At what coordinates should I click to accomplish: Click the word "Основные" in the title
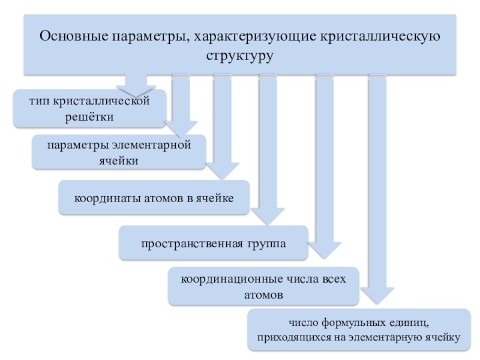pyautogui.click(x=74, y=36)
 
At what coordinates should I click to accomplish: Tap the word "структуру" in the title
pyautogui.click(x=239, y=56)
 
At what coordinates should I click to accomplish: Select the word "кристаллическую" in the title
pyautogui.click(x=380, y=37)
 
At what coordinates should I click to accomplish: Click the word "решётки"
pyautogui.click(x=89, y=116)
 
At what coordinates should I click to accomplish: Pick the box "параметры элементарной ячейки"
pyautogui.click(x=119, y=152)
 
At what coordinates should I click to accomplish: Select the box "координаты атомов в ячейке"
pyautogui.click(x=154, y=197)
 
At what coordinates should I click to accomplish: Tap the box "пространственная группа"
pyautogui.click(x=214, y=243)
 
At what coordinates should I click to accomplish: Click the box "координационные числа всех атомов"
pyautogui.click(x=263, y=286)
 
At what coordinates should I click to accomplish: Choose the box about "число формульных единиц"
pyautogui.click(x=359, y=329)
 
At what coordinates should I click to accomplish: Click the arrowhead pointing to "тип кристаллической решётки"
pyautogui.click(x=136, y=91)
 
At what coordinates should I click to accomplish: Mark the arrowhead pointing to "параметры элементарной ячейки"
pyautogui.click(x=181, y=129)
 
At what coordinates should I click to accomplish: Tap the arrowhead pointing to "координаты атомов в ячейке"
pyautogui.click(x=223, y=171)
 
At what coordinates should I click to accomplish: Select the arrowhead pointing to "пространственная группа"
pyautogui.click(x=268, y=216)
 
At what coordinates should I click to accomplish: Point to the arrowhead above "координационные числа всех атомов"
pyautogui.click(x=325, y=250)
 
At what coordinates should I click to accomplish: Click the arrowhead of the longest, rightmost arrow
pyautogui.click(x=377, y=296)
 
